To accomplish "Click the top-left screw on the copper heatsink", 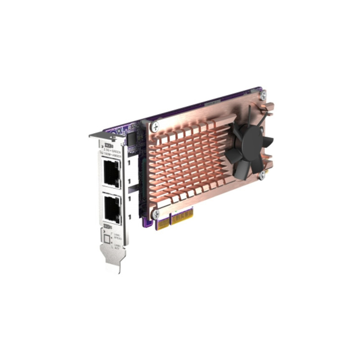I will (156, 126).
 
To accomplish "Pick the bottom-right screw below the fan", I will (261, 176).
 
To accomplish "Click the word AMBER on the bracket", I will (117, 157).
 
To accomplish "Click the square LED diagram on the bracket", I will (106, 238).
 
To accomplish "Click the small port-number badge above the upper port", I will (108, 145).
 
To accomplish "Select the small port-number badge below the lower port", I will (108, 226).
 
